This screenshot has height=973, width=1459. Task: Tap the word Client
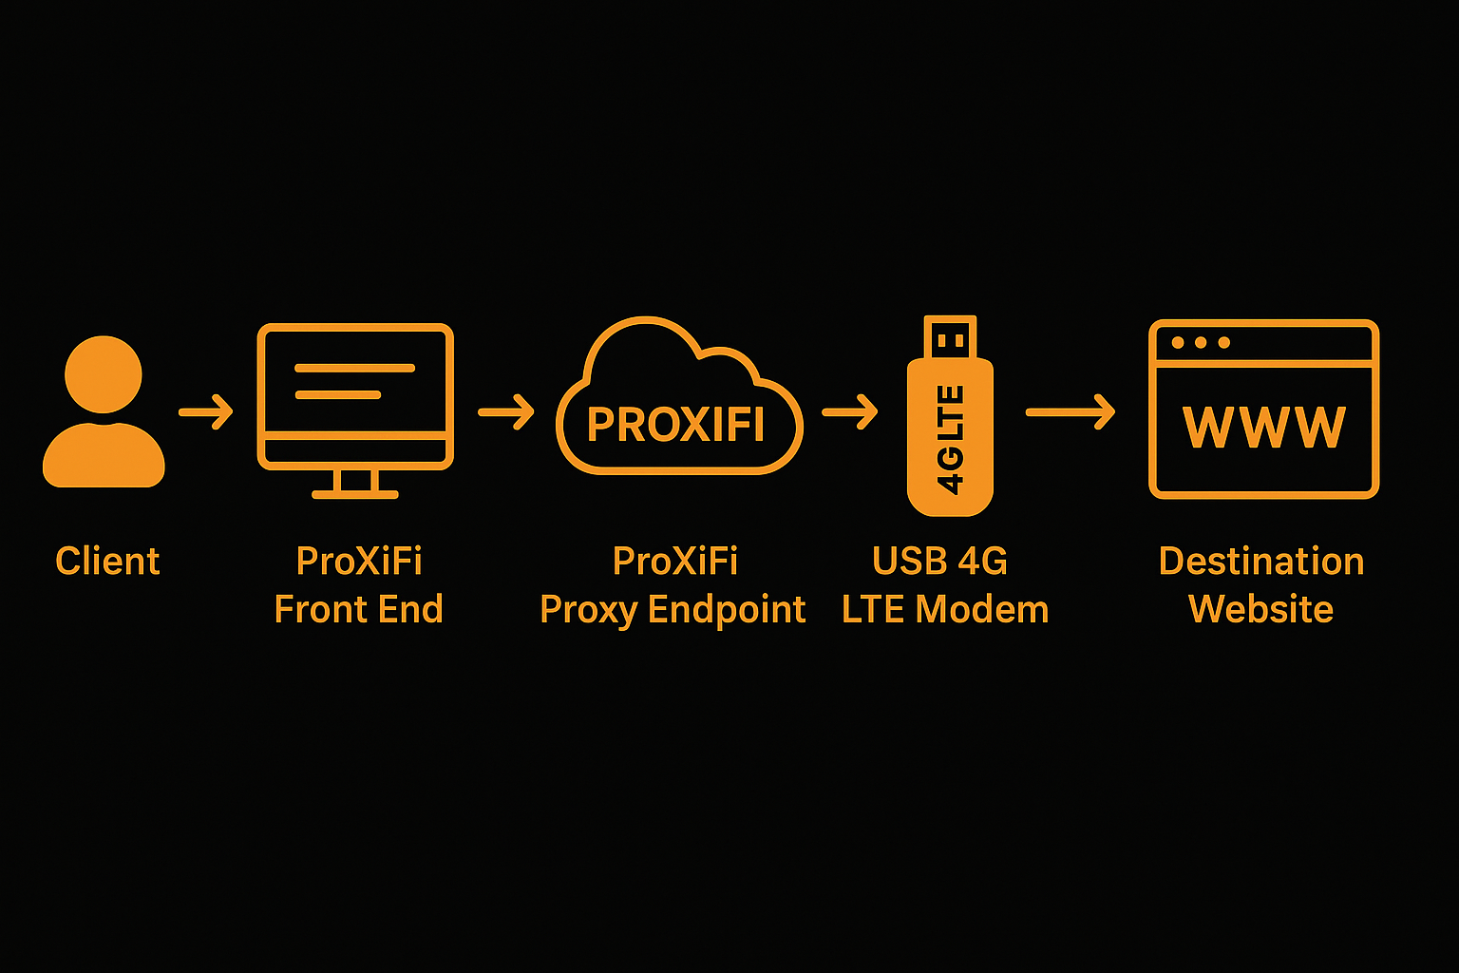click(107, 562)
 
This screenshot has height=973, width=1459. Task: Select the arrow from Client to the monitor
click(206, 412)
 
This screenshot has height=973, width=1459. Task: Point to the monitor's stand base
click(355, 493)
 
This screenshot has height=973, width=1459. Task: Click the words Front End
click(358, 609)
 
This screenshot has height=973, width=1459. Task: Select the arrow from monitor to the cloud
click(506, 412)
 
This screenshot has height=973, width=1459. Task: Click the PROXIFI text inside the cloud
click(675, 425)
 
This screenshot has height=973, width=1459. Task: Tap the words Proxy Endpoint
click(673, 610)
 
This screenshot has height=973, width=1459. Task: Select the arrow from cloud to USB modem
click(850, 412)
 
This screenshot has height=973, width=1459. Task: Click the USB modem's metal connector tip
click(950, 337)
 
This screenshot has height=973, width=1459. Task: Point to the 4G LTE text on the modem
click(950, 439)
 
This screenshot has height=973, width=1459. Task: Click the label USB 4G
click(939, 562)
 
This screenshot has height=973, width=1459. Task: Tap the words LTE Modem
click(945, 609)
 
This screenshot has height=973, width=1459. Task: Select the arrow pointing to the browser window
click(1071, 412)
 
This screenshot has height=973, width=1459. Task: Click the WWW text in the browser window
click(1263, 428)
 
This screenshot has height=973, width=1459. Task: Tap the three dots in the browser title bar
click(1201, 342)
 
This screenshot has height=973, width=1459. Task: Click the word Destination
click(1261, 562)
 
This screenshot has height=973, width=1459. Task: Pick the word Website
click(1261, 609)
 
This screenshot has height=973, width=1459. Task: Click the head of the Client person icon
click(104, 373)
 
